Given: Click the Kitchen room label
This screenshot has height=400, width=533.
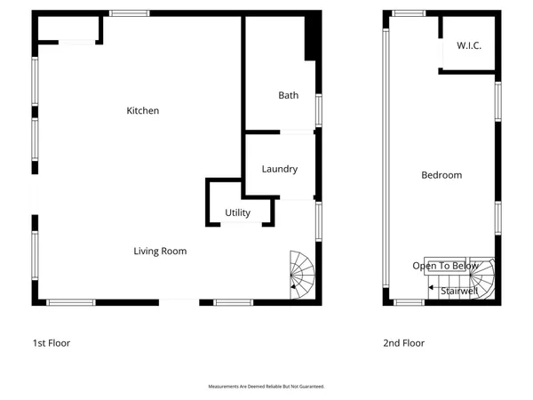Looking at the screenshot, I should pos(143,111).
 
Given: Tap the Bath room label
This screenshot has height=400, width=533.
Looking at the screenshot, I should pos(288,95).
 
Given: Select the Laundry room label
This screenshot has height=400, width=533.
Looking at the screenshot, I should pos(279,169).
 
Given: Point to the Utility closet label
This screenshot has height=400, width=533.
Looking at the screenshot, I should pos(237,212).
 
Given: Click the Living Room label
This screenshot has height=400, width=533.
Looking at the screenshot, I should pos(160,252).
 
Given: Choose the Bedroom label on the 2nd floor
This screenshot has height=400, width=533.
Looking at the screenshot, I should pos(442,175).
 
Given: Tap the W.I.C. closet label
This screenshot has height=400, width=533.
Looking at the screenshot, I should pos(469,45).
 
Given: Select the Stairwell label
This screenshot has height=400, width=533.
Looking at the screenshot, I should pos(459,290).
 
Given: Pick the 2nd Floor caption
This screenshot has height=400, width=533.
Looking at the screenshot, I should pos(403,343).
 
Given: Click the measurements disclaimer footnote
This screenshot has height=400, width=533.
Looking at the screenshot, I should pos(266,387).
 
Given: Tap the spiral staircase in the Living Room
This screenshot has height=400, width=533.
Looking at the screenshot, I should pos(303,274).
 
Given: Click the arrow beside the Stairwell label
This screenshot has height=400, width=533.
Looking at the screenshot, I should pos(433,289).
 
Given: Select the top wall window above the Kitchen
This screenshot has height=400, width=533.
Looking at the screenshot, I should pos(130,13).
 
